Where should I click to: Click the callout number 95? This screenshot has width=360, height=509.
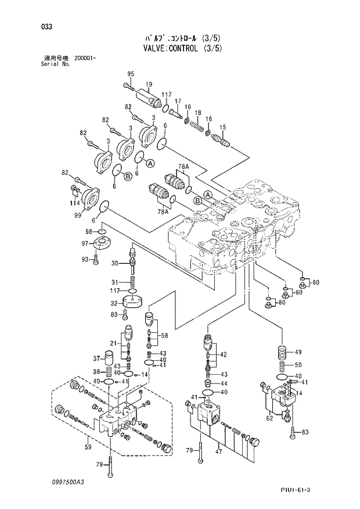131,73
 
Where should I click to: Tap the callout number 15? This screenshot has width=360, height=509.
222,127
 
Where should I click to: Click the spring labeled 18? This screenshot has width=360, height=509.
197,124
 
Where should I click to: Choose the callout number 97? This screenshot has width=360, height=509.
85,243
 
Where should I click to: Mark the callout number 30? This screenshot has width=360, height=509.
115,263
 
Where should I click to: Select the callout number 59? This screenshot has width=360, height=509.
87,447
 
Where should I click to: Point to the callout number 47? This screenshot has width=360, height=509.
218,450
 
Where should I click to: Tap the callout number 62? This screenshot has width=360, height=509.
269,417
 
